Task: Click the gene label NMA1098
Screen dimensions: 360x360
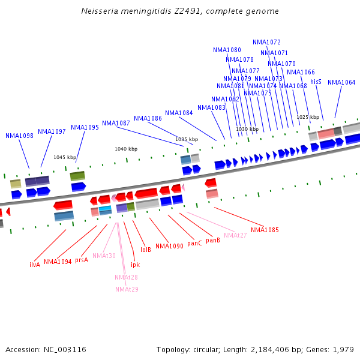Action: pos(19,136)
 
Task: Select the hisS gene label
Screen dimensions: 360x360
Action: pos(316,82)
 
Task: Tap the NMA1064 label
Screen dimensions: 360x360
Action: pos(341,82)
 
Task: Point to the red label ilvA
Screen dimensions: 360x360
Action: pos(35,265)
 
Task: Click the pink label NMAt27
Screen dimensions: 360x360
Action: pos(235,235)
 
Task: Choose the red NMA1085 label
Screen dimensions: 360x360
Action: pos(265,230)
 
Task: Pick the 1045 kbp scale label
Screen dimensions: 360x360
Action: pos(65,157)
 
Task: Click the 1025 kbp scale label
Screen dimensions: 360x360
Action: pos(308,117)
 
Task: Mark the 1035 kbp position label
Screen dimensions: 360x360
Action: pos(187,139)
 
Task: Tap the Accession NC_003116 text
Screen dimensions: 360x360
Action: pos(46,349)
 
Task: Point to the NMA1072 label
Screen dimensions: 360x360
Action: pos(266,42)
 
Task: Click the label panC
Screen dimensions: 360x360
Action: pos(194,243)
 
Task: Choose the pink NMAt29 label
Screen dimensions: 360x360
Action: pos(127,289)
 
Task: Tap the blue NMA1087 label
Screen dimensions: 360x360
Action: pos(116,123)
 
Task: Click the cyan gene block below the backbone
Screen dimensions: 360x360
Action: pos(105,209)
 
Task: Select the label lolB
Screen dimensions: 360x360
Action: pos(145,250)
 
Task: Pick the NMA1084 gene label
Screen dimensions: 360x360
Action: pos(179,113)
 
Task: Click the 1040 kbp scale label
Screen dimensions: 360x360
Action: pos(126,149)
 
